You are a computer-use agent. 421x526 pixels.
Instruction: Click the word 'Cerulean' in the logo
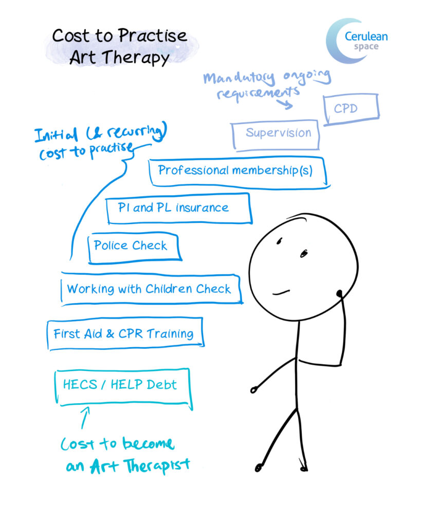367,36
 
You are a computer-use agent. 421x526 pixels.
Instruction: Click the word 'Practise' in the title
153,35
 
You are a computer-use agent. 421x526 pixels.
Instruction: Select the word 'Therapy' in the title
136,58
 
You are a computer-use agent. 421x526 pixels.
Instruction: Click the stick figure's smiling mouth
281,292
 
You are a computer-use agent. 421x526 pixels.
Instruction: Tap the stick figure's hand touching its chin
339,294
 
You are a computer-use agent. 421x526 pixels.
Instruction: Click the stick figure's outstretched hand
253,389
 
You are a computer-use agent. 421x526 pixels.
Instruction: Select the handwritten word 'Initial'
56,135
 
